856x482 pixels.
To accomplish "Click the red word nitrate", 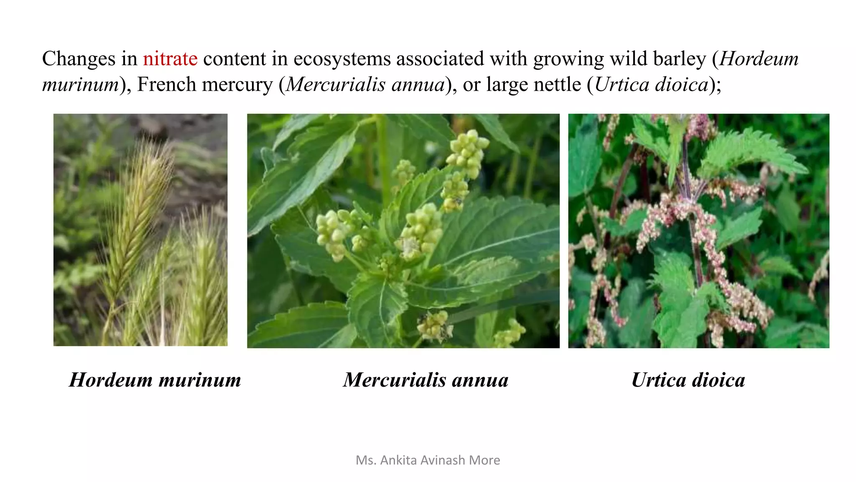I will pos(170,59).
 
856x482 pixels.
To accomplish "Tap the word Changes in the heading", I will pos(78,59).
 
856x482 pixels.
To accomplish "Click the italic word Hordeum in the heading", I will pos(759,59).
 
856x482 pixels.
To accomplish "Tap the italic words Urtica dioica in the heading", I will pos(651,85).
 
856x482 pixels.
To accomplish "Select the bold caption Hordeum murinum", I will pos(155,380).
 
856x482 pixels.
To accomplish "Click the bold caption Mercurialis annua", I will pos(425,380).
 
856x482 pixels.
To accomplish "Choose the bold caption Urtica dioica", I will pos(688,380).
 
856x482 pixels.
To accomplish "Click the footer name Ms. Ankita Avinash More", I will pos(428,460).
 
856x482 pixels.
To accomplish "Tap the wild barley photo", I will pos(140,230).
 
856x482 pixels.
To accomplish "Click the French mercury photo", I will pos(403,231).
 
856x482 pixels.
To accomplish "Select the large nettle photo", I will pos(698,231).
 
